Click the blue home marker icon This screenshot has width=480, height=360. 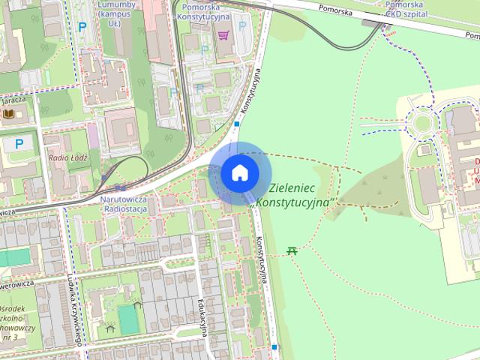(x=239, y=172)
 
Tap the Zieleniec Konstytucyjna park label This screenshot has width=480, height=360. (x=294, y=196)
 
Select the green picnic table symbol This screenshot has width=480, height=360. (x=292, y=250)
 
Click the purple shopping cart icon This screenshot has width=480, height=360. (x=223, y=34)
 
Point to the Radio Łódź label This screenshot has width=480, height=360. (x=68, y=158)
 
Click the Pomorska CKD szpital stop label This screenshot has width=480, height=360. (x=407, y=9)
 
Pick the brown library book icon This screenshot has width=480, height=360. (x=10, y=113)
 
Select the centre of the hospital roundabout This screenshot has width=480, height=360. (x=421, y=123)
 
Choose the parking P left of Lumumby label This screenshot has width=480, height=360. (x=82, y=27)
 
